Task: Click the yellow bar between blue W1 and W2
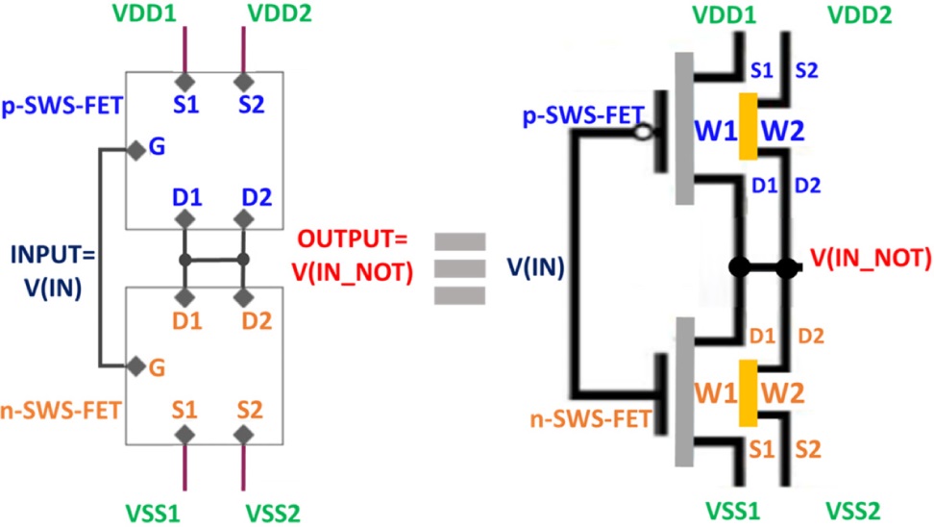point(749,127)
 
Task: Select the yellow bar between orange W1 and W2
point(747,391)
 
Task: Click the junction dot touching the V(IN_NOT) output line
point(788,266)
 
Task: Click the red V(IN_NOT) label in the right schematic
point(871,257)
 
